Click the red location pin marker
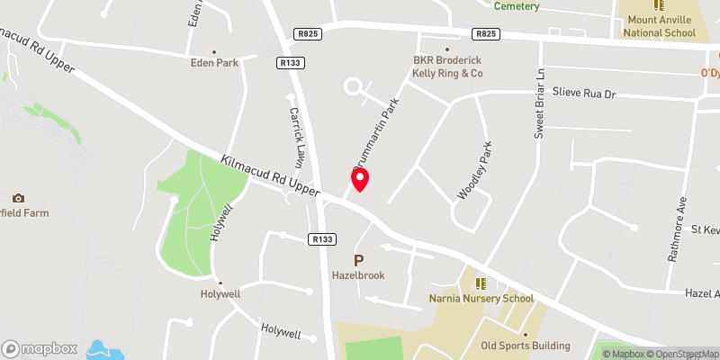[359, 179]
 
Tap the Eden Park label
[214, 63]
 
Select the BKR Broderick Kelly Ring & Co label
[447, 66]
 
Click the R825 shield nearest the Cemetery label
[485, 34]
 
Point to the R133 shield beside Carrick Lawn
[289, 63]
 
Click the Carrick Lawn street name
[299, 136]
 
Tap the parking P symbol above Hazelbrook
[358, 260]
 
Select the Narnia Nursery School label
[481, 298]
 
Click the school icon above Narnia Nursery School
[480, 283]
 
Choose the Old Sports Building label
[526, 346]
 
